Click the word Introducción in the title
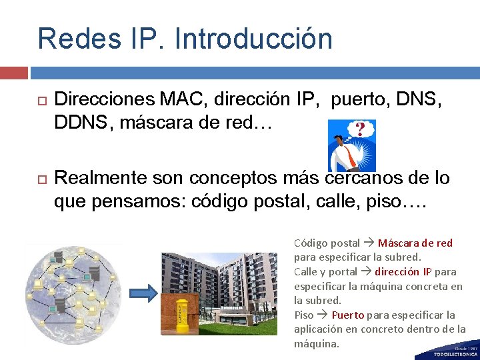point(253,38)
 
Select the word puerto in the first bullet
point(360,100)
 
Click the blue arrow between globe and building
point(142,292)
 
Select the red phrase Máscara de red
point(415,243)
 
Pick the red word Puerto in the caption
point(347,315)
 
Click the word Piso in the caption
point(304,315)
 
